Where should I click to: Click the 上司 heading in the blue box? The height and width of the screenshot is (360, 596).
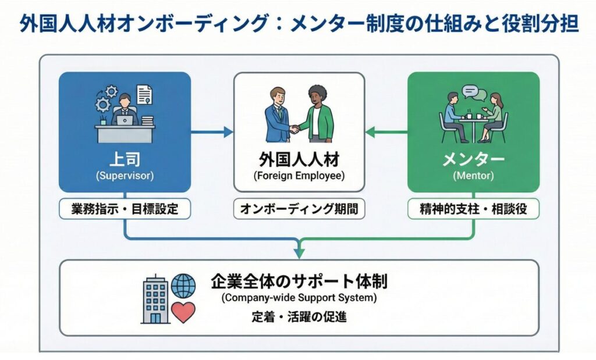point(124,159)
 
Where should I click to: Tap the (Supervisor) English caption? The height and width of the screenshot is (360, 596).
point(124,174)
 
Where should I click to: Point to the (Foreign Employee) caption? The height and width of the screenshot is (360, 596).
point(299,174)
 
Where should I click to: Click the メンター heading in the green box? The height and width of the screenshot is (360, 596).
point(473,159)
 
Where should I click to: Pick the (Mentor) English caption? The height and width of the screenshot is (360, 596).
point(473,174)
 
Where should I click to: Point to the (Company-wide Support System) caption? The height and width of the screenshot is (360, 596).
point(299,298)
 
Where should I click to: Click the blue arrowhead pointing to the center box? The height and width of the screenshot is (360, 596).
point(228,132)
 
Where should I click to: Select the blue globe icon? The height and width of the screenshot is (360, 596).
point(184,286)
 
